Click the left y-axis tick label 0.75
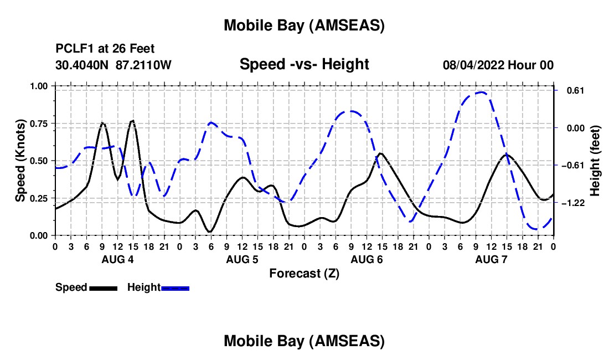coord(39,124)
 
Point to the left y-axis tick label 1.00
coord(39,86)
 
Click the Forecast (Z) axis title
coord(304,273)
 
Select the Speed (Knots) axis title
coord(20,161)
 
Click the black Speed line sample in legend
coord(103,287)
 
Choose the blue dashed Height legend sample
coord(176,287)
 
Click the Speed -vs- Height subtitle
coord(304,64)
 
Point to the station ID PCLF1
coord(73,49)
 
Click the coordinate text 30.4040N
coord(82,65)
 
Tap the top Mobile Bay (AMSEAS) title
coord(304,25)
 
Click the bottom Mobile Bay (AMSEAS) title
coord(304,341)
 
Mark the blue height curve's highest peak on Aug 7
coord(481,92)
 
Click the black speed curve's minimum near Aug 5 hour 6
coord(210,232)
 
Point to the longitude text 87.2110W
coord(143,65)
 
